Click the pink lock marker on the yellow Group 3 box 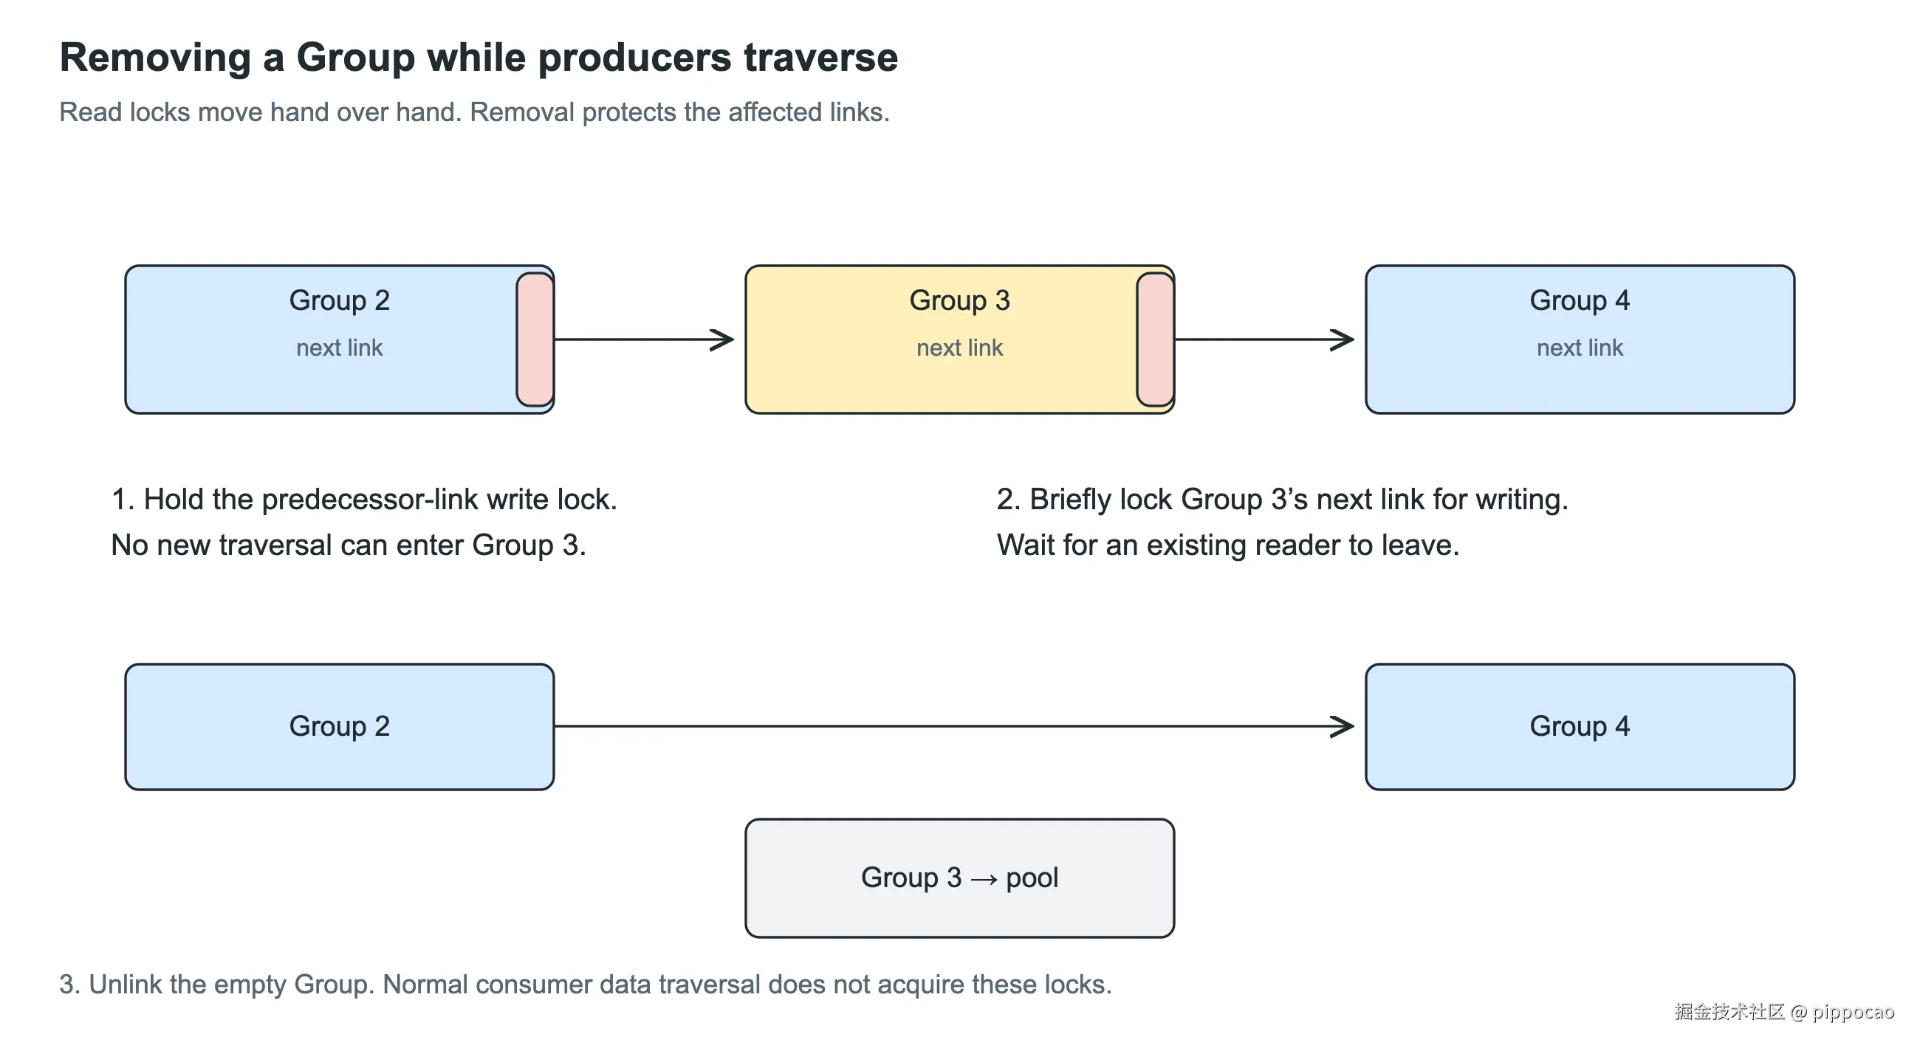[1155, 339]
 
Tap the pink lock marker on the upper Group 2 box [535, 339]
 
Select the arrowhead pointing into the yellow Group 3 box [721, 339]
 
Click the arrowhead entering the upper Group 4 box [1342, 339]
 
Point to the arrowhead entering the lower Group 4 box [1342, 726]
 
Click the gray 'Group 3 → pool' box [960, 878]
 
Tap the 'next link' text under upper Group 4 [1580, 348]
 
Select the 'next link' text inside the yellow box [959, 348]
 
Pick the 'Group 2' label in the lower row [339, 726]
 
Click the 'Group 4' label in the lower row [1580, 726]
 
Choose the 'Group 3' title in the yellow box [959, 300]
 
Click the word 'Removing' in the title [155, 58]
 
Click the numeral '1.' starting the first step [123, 499]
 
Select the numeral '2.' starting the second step [1009, 499]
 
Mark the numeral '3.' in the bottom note [69, 985]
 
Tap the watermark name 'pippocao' [1853, 1012]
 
